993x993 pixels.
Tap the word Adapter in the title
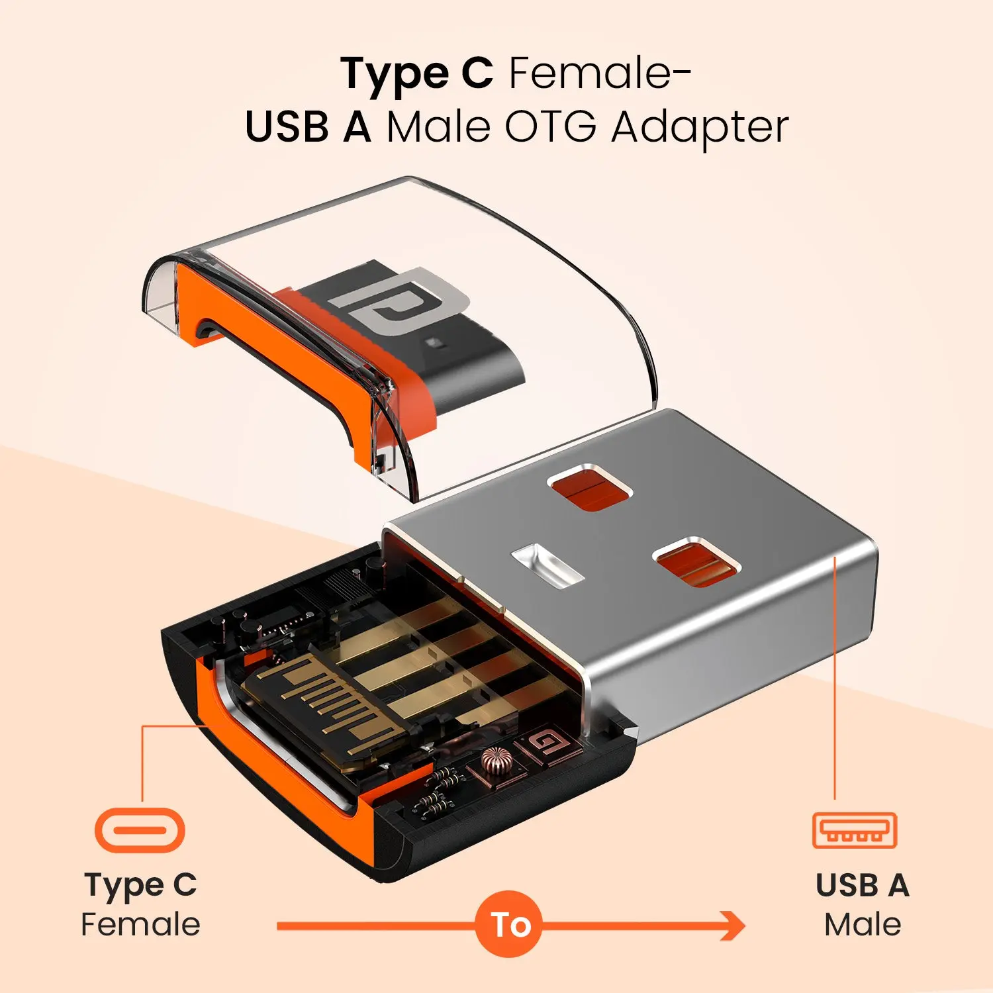(x=700, y=127)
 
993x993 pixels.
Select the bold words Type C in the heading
(x=417, y=74)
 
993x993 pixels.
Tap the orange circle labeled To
(x=509, y=924)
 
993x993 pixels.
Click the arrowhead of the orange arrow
(x=732, y=925)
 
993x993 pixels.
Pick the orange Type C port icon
(x=140, y=830)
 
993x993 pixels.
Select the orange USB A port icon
(x=855, y=830)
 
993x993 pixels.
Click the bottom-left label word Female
(x=140, y=924)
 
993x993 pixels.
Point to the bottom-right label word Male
(x=863, y=924)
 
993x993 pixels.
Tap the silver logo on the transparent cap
(x=397, y=302)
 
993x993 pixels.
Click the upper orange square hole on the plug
(x=589, y=488)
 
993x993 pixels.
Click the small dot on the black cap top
(x=434, y=344)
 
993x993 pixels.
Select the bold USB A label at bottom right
(x=863, y=886)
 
